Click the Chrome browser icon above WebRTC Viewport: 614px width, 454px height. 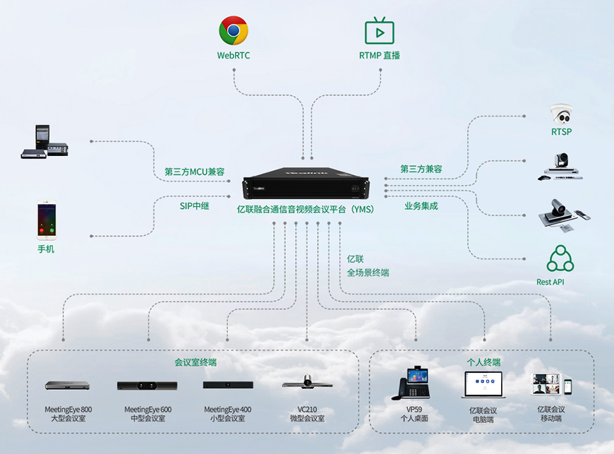pos(233,31)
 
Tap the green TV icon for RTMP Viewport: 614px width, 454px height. pos(379,31)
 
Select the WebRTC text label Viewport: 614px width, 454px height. pos(233,55)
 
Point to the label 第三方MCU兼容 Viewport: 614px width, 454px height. pos(194,172)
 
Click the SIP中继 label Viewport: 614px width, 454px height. pos(194,206)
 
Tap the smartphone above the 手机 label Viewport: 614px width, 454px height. pos(46,221)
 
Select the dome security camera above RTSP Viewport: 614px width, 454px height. pos(562,114)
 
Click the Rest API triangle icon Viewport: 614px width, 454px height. pos(560,259)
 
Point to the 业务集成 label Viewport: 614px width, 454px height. pos(421,206)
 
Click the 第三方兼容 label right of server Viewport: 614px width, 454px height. pos(421,169)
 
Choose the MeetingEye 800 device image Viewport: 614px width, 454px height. pos(67,386)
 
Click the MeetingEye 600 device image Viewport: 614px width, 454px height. pos(148,386)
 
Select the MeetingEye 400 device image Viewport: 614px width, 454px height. pos(228,385)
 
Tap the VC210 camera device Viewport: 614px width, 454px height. pos(307,382)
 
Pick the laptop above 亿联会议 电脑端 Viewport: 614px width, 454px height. pos(483,384)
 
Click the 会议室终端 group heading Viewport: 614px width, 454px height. pos(195,362)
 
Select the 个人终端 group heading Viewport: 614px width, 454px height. pos(483,362)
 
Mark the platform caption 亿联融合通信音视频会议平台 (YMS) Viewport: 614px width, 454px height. pos(305,209)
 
